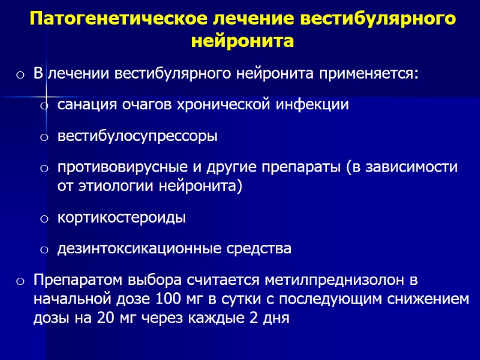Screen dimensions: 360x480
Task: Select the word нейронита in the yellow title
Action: (242, 42)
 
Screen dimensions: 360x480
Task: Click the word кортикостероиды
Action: (121, 217)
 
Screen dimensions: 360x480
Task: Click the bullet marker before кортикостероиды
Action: (44, 219)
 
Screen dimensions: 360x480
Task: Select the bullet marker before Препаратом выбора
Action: (20, 281)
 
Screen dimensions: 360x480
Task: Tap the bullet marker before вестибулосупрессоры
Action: (44, 138)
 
